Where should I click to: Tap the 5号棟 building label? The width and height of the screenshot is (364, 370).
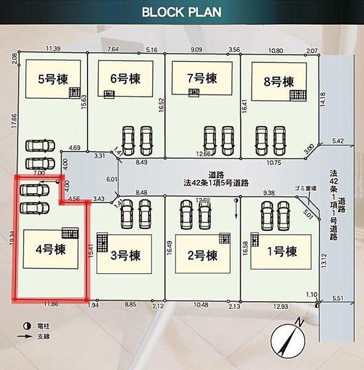coord(52,79)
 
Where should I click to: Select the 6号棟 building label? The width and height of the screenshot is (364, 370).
coord(125,79)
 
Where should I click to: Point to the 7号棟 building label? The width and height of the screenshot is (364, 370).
coord(203,78)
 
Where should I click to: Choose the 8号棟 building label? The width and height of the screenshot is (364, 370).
coord(279,81)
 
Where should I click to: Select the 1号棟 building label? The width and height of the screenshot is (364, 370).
coord(282,251)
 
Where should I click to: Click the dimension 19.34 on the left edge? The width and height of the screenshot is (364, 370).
coord(12,241)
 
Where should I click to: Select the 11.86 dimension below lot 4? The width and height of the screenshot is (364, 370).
coord(50,305)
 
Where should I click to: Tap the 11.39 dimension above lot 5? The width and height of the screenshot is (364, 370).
coord(52,49)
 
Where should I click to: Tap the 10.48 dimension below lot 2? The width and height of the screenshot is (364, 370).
coord(200,305)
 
